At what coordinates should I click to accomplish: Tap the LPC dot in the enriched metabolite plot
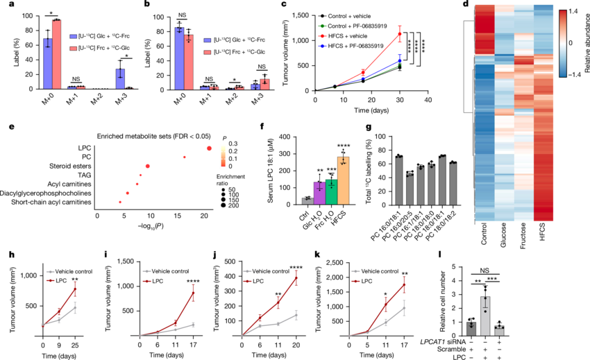tap(209, 147)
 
